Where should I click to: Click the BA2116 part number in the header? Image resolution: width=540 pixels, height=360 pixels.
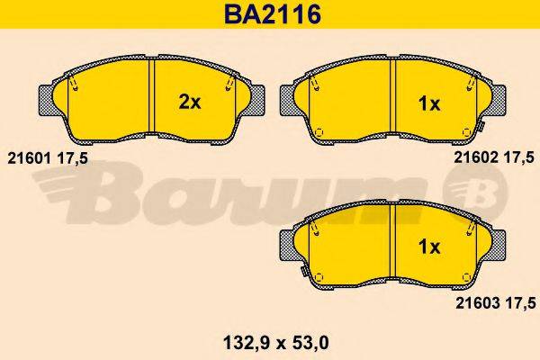click(269, 15)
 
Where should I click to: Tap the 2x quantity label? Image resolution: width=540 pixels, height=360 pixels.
click(189, 102)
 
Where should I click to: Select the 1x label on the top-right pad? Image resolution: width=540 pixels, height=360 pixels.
click(429, 103)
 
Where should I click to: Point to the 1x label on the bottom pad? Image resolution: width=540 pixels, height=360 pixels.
click(429, 247)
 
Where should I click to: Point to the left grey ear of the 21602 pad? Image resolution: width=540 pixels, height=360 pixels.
click(290, 101)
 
